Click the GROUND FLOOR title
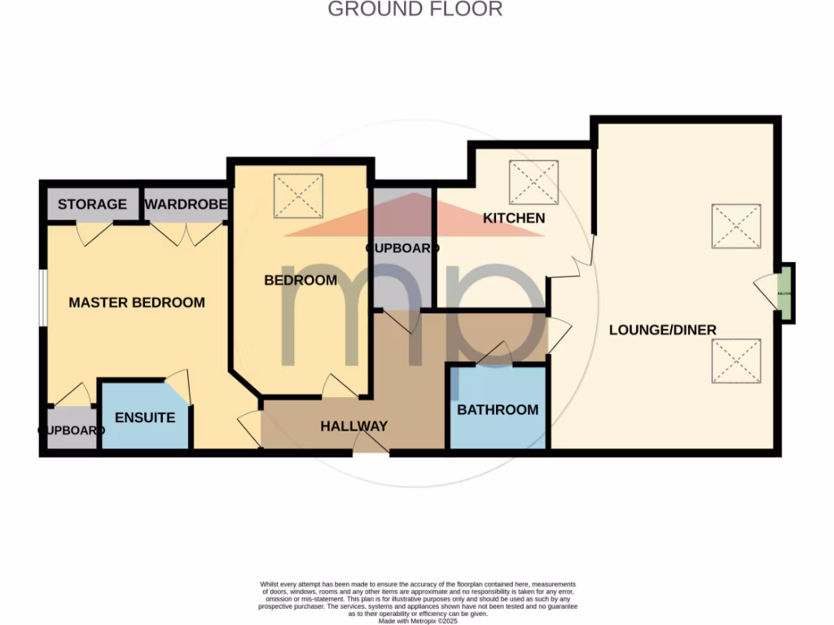tap(415, 10)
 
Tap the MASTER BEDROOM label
tap(137, 303)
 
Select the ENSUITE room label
tap(145, 417)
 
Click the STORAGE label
tap(92, 204)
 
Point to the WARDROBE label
tap(186, 204)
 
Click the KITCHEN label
tap(514, 218)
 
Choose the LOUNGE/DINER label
tap(663, 330)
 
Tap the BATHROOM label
tap(498, 409)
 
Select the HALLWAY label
tap(353, 426)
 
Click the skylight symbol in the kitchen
tap(533, 182)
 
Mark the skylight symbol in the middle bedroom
tap(298, 196)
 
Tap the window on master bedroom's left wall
tap(42, 297)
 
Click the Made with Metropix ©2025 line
tap(418, 620)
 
